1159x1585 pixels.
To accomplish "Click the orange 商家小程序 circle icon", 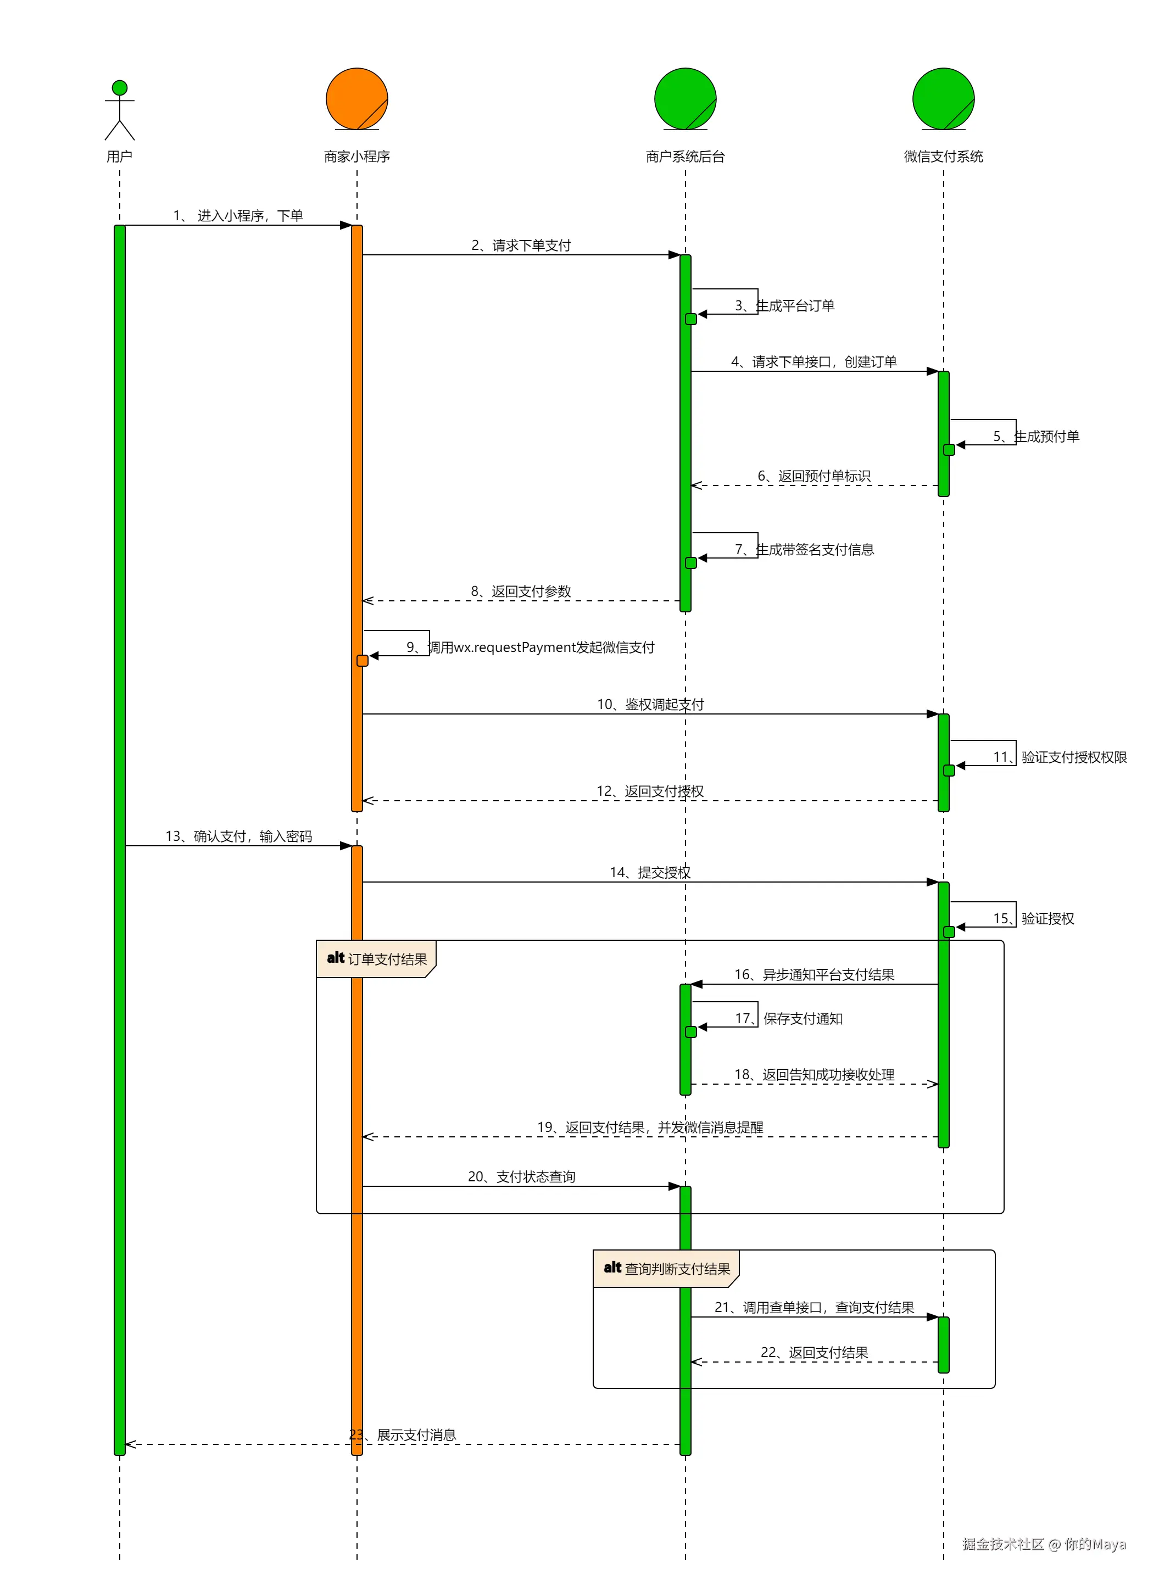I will [x=356, y=99].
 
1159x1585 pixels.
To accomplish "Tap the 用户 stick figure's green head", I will [x=120, y=88].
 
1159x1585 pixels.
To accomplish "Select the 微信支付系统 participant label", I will [x=943, y=157].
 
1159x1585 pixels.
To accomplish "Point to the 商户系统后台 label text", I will [x=685, y=157].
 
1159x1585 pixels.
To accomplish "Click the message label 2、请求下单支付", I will [x=521, y=245].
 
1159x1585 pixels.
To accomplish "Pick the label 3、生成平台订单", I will [x=784, y=306].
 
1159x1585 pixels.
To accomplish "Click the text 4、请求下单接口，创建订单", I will [x=814, y=362].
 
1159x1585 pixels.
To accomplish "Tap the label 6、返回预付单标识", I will [x=814, y=476].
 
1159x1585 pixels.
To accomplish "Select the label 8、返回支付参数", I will [x=521, y=591].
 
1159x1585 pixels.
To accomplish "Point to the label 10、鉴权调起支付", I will [x=650, y=704].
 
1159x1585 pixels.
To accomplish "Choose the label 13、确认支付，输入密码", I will [x=238, y=836].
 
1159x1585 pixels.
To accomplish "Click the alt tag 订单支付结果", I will [x=377, y=959].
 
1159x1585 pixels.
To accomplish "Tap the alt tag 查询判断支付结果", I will [x=666, y=1269].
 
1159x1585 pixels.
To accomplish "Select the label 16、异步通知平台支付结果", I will [x=814, y=975].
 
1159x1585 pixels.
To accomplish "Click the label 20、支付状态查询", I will [x=521, y=1177].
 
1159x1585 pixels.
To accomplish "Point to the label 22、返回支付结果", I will [x=814, y=1353].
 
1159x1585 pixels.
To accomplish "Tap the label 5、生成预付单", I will [x=1035, y=436].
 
